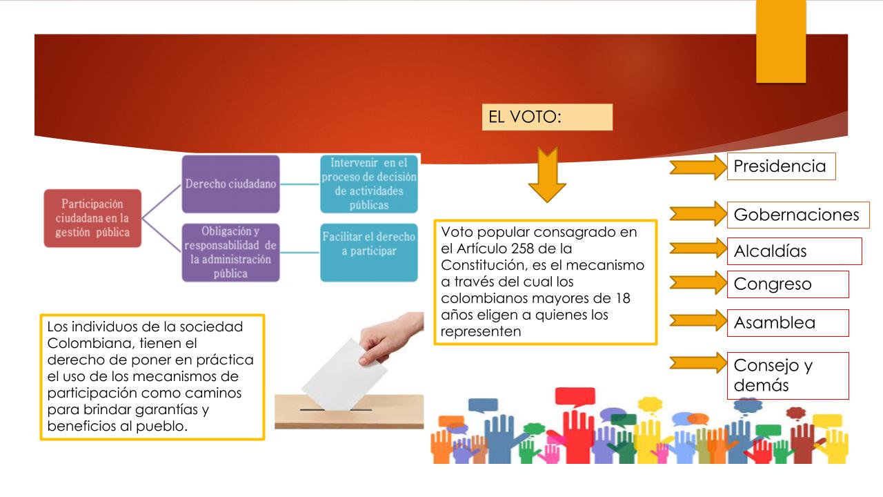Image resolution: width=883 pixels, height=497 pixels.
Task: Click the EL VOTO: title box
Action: click(x=547, y=117)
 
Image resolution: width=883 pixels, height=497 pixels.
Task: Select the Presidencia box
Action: click(x=782, y=166)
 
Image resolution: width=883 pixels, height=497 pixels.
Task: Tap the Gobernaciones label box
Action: click(x=798, y=215)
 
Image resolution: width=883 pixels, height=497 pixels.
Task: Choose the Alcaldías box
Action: click(x=795, y=251)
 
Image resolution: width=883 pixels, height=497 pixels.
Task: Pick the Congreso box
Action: click(x=788, y=284)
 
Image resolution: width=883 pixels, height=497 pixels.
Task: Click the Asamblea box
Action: click(x=788, y=323)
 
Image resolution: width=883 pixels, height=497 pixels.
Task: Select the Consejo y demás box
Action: click(x=788, y=376)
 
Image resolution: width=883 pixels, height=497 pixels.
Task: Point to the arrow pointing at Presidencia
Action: click(x=698, y=167)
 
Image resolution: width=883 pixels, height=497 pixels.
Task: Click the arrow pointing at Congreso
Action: click(x=698, y=282)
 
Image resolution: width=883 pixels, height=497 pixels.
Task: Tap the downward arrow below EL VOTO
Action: click(x=547, y=175)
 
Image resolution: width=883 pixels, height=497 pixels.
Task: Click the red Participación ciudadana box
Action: click(x=92, y=218)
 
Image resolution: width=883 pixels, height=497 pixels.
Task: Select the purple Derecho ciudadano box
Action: click(x=230, y=184)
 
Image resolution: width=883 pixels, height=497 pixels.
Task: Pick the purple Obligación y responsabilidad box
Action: click(x=230, y=253)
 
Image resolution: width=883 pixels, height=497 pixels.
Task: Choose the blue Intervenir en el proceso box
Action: click(x=369, y=184)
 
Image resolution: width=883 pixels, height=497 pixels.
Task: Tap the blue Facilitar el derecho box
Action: click(x=369, y=253)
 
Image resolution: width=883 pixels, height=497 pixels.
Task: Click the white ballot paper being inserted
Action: click(x=344, y=374)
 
